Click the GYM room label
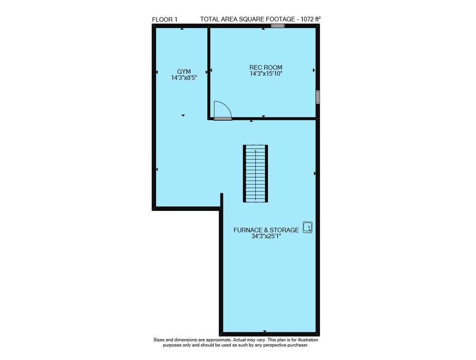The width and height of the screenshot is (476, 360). [184, 72]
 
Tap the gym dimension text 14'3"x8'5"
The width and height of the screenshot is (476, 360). [184, 78]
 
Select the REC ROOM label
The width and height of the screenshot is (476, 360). [266, 68]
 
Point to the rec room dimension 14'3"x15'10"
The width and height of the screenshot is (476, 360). [266, 73]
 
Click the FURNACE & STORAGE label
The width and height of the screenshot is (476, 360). [266, 230]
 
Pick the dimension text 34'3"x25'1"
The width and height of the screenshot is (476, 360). [266, 236]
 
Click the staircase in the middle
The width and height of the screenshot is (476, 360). [255, 173]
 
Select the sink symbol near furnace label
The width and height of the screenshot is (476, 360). [308, 227]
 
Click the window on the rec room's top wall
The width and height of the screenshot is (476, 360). [278, 26]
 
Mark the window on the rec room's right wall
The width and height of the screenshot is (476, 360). [317, 97]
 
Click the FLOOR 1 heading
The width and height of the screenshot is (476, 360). [165, 20]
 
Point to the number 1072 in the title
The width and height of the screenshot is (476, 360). [307, 20]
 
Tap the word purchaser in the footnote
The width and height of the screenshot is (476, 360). [298, 345]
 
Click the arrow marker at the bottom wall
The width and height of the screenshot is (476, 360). [265, 331]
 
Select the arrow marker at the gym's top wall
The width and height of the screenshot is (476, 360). [182, 29]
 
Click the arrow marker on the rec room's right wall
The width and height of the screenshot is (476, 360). [314, 70]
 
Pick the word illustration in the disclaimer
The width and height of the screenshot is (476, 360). [307, 340]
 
